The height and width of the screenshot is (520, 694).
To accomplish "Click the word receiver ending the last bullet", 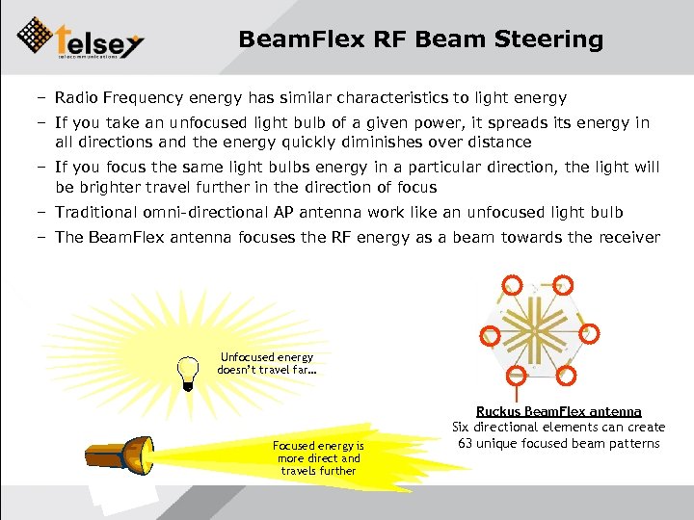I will point(629,237).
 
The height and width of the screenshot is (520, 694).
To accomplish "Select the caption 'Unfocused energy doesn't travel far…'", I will point(266,363).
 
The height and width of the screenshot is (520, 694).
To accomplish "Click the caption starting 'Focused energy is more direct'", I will point(318,458).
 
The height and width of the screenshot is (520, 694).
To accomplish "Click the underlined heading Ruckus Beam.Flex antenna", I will point(558,411).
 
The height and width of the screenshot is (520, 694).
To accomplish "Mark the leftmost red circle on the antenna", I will point(491,336).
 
